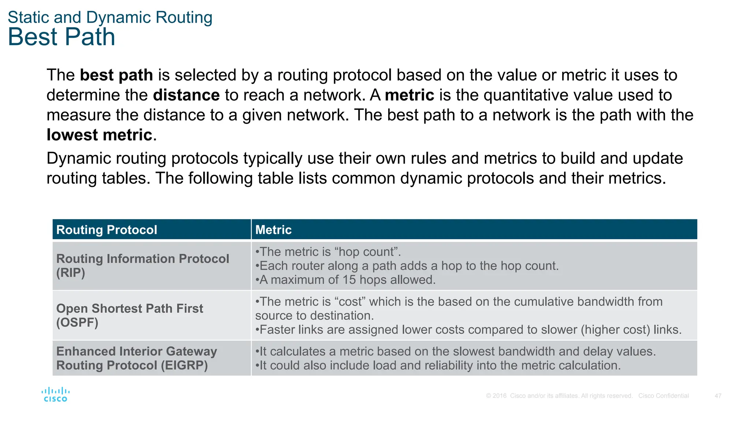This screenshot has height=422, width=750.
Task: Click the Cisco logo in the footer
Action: pos(55,395)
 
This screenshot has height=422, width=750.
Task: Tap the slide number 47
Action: pos(718,396)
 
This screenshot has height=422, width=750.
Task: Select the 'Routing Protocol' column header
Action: pos(107,230)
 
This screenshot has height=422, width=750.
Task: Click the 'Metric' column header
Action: pos(273,230)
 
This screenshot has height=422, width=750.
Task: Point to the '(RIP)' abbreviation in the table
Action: pos(71,273)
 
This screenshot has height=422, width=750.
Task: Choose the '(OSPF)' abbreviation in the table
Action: pos(77,323)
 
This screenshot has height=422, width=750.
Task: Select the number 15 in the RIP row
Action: pos(349,280)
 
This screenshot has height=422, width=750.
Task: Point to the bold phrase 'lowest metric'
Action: pos(99,135)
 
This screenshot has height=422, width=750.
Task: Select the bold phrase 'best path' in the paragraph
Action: pos(116,75)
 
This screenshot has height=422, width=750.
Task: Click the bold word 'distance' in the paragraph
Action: pos(186,95)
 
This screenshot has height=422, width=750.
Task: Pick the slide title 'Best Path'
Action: pos(62,37)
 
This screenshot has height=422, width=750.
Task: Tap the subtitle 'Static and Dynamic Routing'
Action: pos(110,18)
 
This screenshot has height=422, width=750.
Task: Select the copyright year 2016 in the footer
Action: pos(500,396)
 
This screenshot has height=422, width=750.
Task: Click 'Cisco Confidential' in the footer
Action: pos(663,396)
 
